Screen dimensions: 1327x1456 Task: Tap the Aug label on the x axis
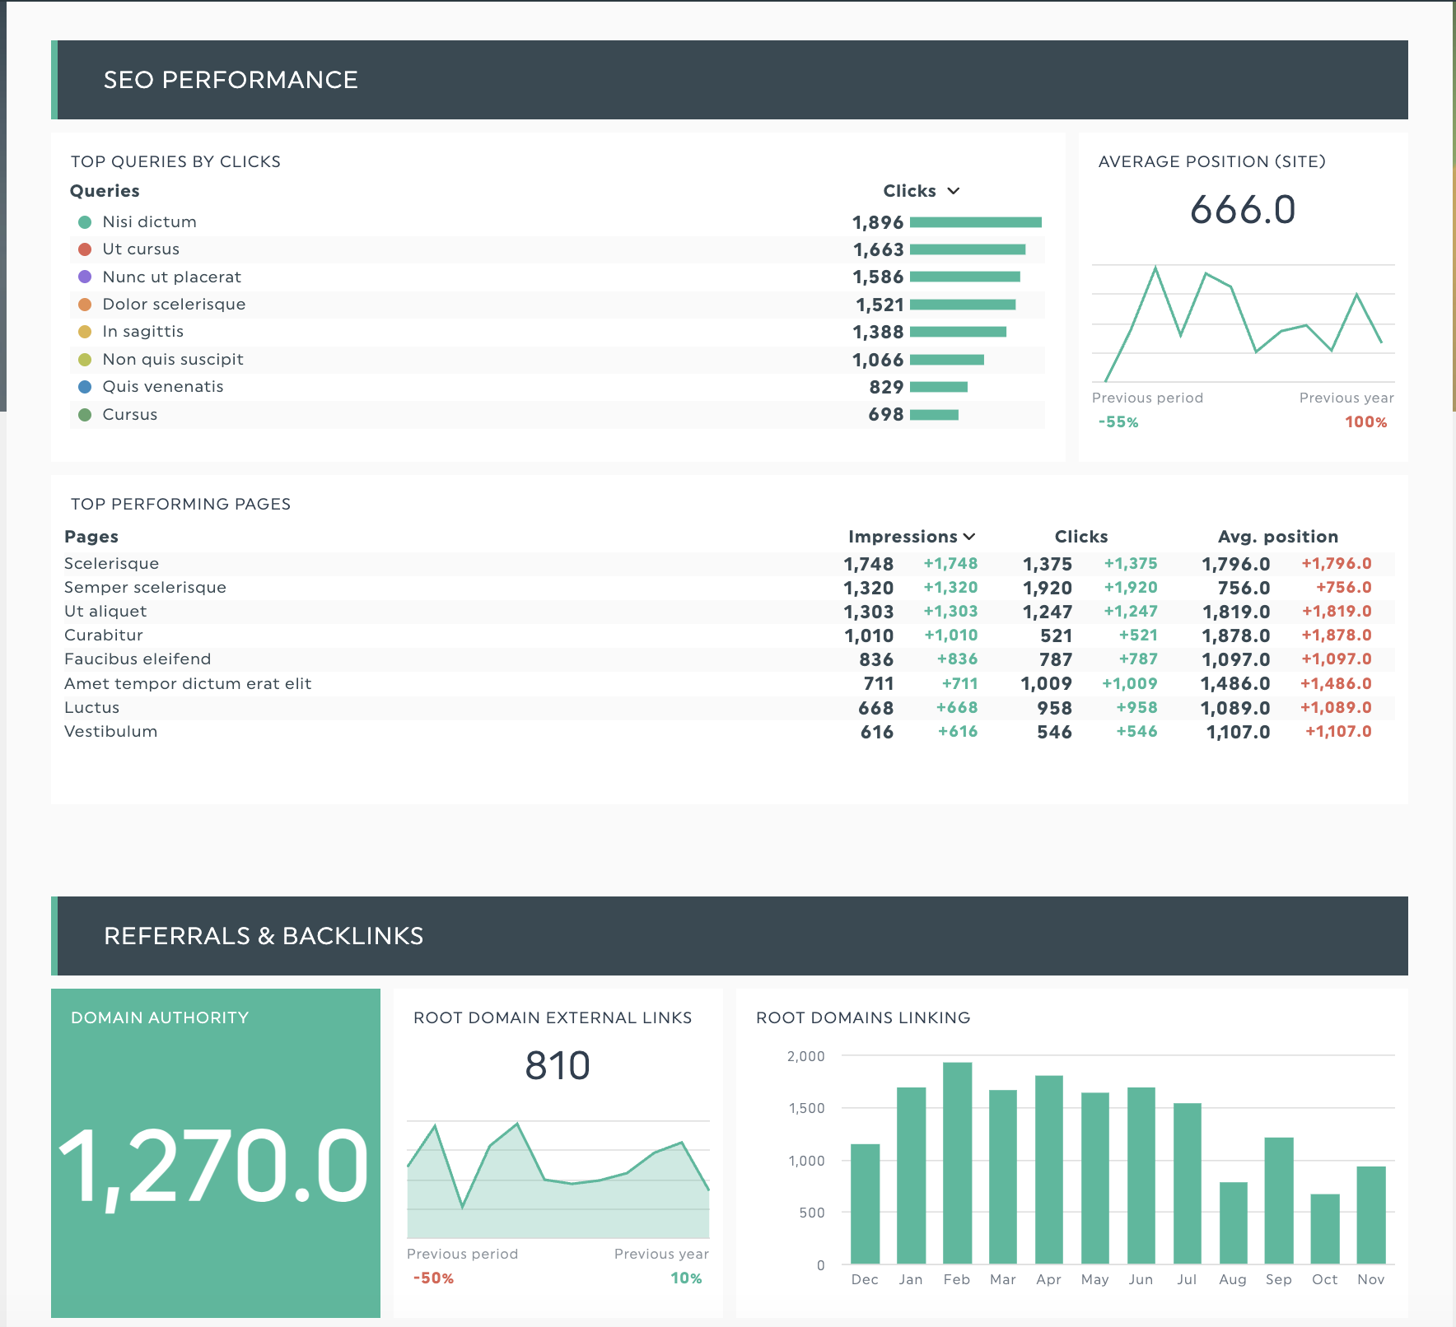coord(1232,1279)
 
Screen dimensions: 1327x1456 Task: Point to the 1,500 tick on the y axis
coord(806,1108)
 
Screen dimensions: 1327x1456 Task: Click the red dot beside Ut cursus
coord(84,249)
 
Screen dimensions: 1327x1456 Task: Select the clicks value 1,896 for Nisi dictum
coord(877,222)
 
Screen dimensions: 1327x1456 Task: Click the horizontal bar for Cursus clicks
coord(934,415)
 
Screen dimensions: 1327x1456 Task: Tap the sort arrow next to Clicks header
coord(954,191)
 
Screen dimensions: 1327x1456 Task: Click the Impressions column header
coord(903,537)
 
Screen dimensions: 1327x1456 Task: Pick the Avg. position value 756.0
coord(1244,588)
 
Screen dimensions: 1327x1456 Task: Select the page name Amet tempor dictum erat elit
coord(188,683)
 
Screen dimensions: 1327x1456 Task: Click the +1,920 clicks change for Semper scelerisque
coord(1130,588)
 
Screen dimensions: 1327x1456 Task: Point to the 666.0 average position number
coord(1243,210)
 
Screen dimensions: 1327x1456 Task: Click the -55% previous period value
coord(1118,422)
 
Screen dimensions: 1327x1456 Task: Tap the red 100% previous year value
coord(1365,422)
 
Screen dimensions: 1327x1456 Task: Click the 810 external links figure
coord(558,1066)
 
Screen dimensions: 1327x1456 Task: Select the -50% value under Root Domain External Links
coord(433,1278)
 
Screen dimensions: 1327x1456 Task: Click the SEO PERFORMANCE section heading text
coord(231,80)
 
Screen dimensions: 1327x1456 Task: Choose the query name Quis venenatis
coord(162,387)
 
